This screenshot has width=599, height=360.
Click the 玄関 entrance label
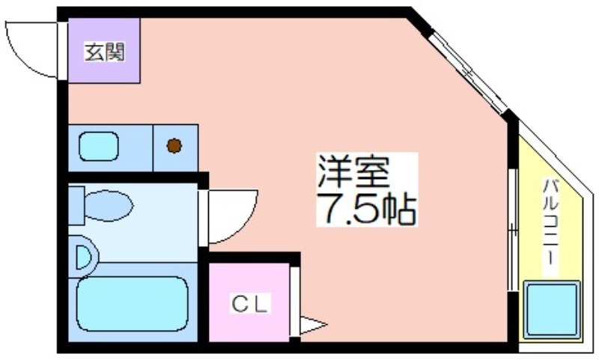[104, 52]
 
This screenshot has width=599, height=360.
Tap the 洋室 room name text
[353, 171]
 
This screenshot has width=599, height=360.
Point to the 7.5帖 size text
[367, 209]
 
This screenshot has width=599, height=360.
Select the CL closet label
[249, 304]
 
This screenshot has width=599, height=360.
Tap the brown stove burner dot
[174, 145]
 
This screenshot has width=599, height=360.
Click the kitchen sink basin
[99, 146]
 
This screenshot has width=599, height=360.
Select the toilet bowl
[109, 205]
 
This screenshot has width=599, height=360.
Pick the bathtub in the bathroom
[133, 304]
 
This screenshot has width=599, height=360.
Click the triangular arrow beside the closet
[313, 326]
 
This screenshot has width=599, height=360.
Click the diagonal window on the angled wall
[469, 73]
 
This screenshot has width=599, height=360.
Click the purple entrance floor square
[104, 50]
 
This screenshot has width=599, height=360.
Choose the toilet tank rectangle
[76, 206]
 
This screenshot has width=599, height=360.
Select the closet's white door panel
[294, 302]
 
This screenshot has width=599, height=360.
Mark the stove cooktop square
[175, 147]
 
